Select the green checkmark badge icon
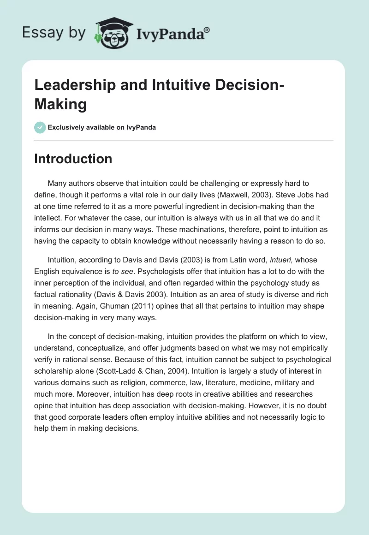click(x=40, y=127)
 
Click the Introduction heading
click(x=73, y=159)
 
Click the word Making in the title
click(x=60, y=104)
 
